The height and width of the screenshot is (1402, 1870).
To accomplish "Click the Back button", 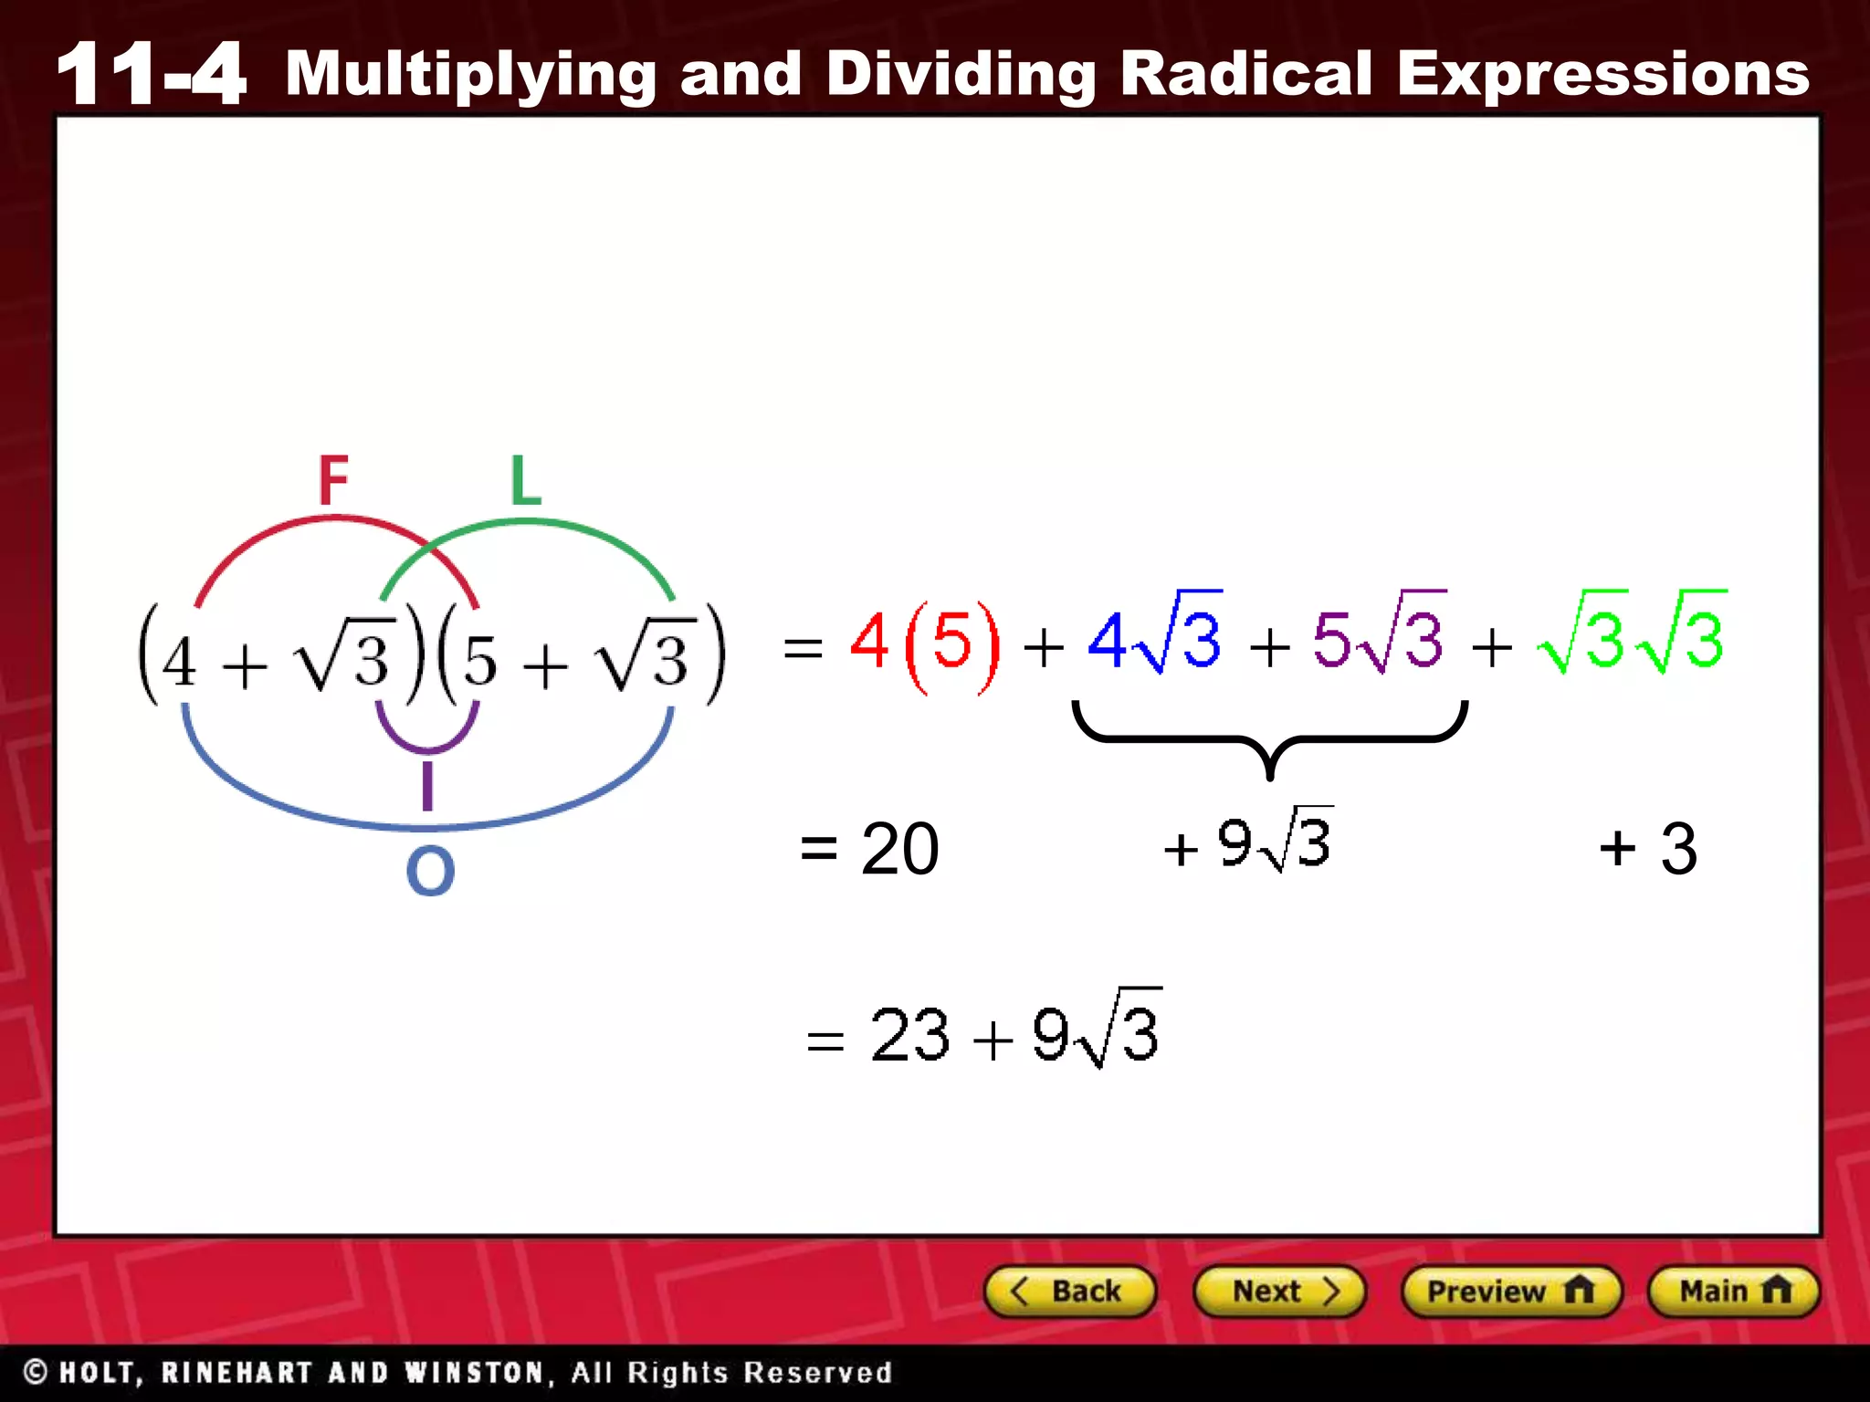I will [x=1069, y=1292].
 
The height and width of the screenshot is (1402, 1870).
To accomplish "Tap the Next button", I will [x=1279, y=1292].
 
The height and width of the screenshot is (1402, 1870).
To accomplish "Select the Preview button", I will [x=1510, y=1292].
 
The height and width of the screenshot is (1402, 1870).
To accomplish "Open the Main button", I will [x=1733, y=1292].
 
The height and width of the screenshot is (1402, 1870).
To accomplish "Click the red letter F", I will [x=333, y=480].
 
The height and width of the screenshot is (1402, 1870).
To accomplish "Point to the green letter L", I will [x=526, y=480].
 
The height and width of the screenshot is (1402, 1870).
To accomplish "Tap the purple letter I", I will [x=426, y=787].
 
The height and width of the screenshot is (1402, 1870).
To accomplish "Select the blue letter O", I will [x=430, y=871].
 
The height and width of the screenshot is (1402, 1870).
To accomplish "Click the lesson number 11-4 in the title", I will [x=152, y=73].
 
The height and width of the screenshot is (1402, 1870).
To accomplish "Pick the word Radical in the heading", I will [x=1245, y=73].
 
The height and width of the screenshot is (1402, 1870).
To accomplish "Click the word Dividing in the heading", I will [x=961, y=73].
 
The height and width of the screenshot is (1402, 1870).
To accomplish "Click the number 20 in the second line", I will [x=899, y=849].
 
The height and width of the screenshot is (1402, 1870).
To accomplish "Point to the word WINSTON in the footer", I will [x=475, y=1373].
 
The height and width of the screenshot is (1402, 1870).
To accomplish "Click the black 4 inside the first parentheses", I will [x=179, y=661].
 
